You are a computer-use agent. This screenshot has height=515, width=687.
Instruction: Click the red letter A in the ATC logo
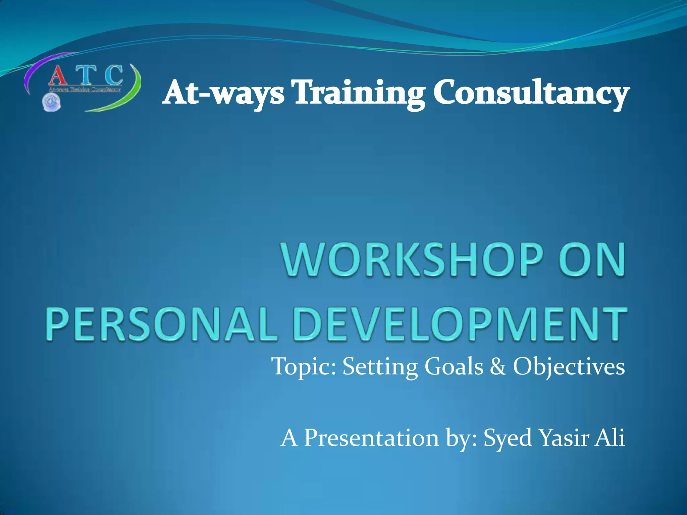57,76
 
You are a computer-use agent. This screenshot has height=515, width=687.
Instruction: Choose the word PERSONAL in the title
161,324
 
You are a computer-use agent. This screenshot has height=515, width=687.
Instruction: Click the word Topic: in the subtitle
303,367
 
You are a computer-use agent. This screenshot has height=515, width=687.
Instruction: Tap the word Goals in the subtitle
454,366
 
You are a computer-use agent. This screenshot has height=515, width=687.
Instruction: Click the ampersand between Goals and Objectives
498,366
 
